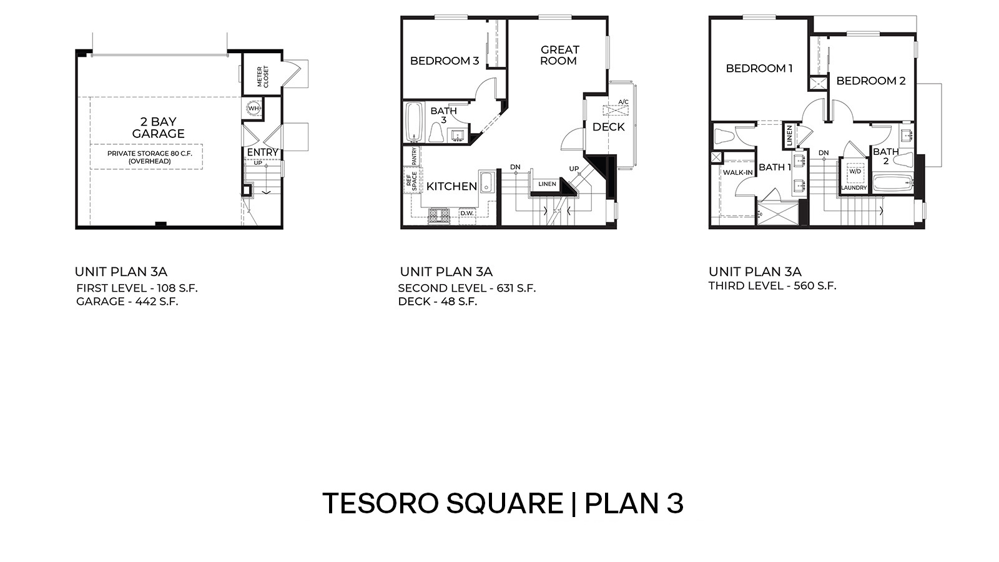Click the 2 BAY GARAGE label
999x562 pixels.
158,127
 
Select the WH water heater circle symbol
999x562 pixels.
253,108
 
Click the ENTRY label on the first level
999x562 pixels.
262,152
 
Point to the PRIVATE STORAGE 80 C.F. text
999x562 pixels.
149,153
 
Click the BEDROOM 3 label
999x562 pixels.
444,61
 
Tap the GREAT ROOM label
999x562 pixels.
559,55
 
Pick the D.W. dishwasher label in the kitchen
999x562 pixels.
467,214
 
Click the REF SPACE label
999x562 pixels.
412,180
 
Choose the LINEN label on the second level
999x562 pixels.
547,184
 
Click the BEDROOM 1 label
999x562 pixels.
759,69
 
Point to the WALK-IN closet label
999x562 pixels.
737,172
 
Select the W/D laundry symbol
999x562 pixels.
854,171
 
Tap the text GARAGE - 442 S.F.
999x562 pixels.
127,302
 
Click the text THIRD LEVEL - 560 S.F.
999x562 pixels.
772,286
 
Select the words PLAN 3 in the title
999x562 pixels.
634,503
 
